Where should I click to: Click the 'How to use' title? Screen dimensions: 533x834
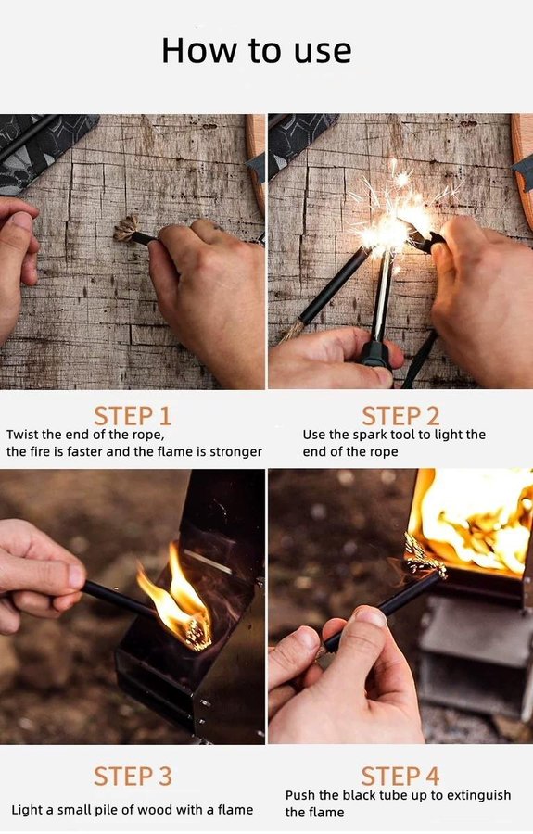click(257, 51)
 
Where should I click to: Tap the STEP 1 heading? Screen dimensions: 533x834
click(133, 416)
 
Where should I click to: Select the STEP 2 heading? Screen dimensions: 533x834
click(400, 416)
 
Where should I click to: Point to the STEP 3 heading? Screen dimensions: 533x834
click(133, 776)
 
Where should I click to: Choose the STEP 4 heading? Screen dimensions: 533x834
click(400, 776)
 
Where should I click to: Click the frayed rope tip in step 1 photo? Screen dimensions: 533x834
click(125, 229)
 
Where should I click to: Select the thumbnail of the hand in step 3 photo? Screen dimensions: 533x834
click(75, 576)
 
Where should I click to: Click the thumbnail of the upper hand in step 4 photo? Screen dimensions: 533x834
click(370, 617)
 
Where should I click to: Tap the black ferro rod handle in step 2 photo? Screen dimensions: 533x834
click(376, 354)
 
